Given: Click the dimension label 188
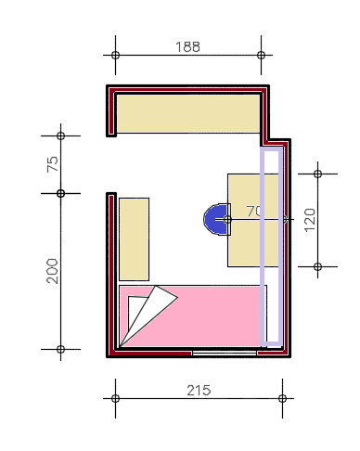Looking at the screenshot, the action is click(187, 46).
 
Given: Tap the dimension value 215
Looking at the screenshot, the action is click(199, 391).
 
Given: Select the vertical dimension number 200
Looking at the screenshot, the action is click(52, 271).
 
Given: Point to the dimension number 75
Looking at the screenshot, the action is click(52, 164).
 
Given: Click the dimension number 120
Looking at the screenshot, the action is click(310, 220).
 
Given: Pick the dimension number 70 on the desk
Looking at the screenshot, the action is click(254, 212).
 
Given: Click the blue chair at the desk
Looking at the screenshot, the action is click(217, 219).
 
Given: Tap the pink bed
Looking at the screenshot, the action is click(193, 316).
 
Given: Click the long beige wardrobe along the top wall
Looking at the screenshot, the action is click(188, 114).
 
